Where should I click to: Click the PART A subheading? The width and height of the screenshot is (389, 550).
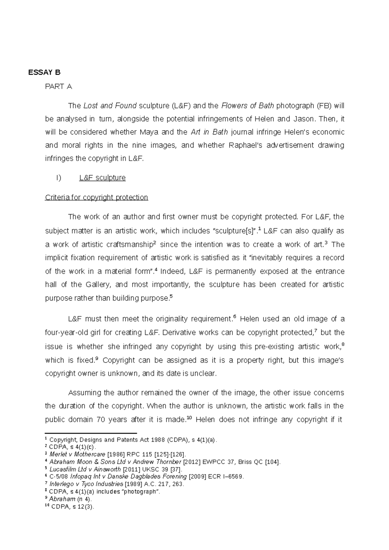click(58, 86)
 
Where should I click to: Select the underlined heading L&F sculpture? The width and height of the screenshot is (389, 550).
click(102, 178)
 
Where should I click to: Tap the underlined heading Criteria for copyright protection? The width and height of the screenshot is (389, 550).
click(96, 197)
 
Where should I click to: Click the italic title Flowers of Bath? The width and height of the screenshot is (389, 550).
click(248, 106)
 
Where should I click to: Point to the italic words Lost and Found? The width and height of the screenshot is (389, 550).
click(110, 106)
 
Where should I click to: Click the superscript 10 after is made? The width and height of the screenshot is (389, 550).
click(190, 418)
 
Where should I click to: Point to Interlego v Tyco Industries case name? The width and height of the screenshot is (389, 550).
click(86, 484)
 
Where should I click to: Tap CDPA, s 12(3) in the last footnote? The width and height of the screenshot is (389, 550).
click(72, 507)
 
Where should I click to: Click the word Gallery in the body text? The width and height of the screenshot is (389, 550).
click(98, 285)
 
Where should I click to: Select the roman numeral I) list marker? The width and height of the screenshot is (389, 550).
click(59, 178)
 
